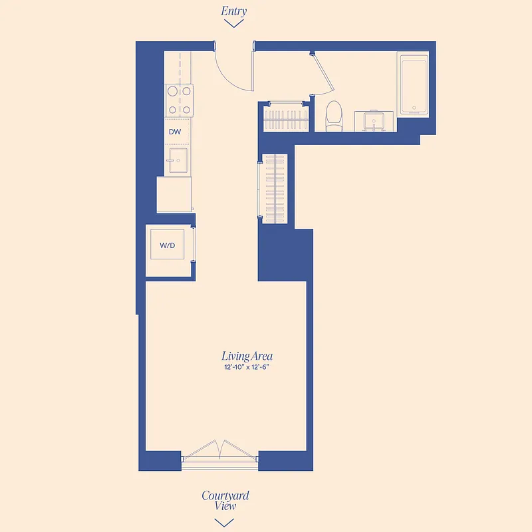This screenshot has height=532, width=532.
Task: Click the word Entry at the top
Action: click(233, 11)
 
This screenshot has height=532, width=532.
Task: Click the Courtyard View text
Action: click(225, 500)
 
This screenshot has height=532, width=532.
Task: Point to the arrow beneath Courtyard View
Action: click(225, 521)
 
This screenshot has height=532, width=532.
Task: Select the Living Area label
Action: click(247, 356)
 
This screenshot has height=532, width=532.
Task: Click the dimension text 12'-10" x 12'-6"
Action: click(247, 367)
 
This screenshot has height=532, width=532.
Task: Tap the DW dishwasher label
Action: click(175, 132)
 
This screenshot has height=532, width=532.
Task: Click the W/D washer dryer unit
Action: click(168, 246)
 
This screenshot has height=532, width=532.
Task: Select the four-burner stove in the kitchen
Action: click(179, 100)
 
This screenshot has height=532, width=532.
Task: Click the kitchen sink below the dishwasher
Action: click(178, 160)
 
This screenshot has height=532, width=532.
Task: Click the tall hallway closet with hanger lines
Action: click(275, 188)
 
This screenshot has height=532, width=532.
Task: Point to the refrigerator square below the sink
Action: click(174, 194)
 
